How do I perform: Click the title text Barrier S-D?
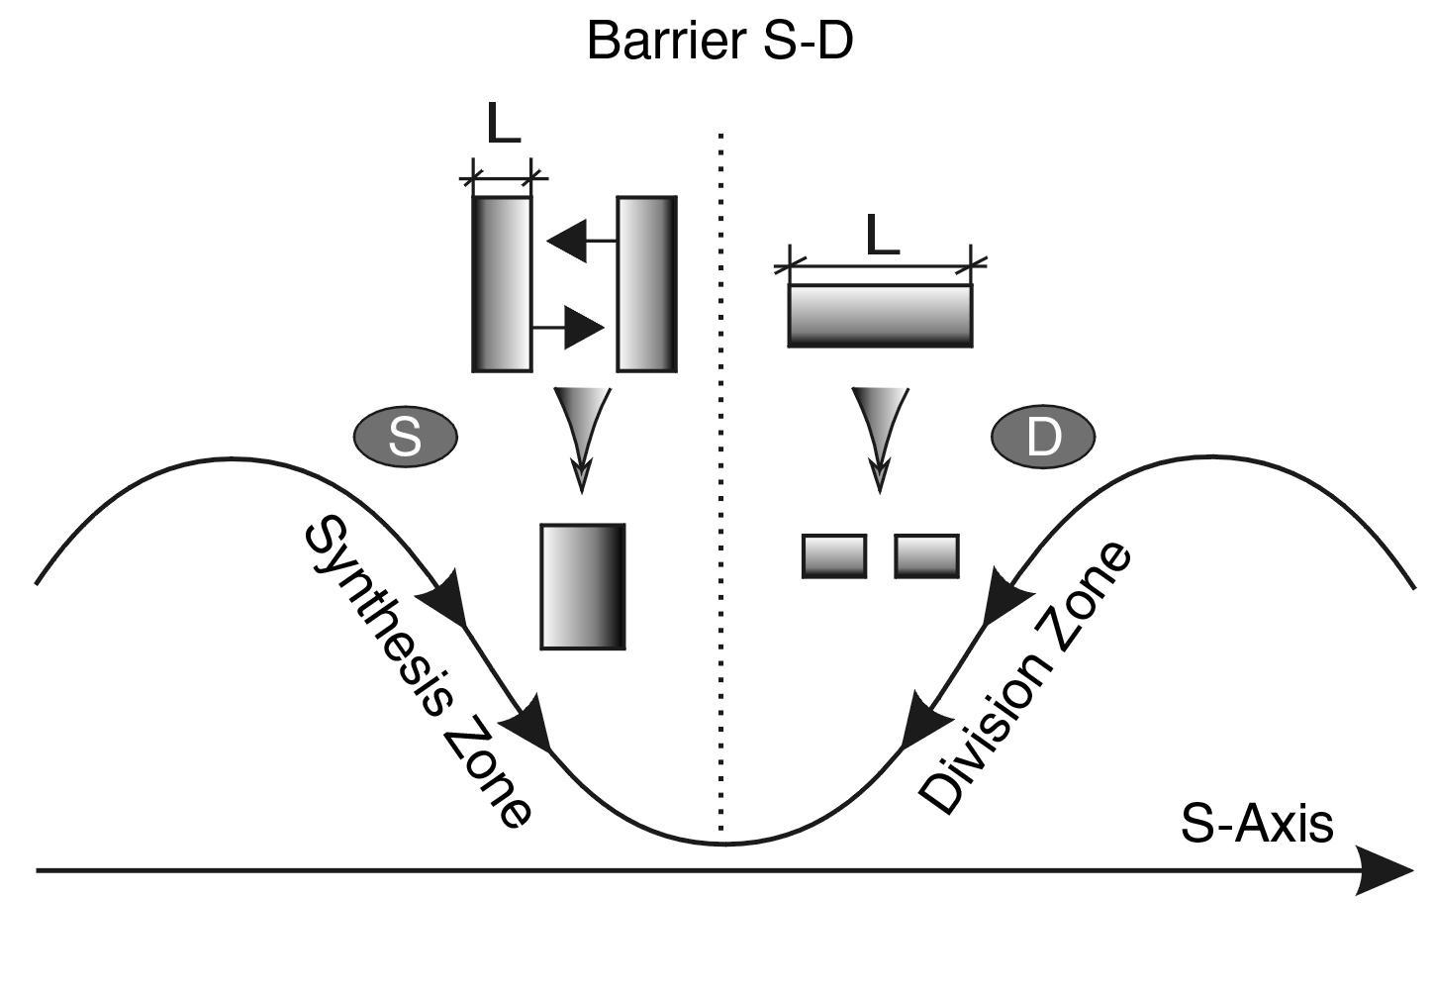pos(719,42)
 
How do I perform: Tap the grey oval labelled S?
pos(405,436)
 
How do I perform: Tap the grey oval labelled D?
pos(1043,436)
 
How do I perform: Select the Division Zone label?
pos(1025,677)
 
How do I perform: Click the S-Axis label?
pos(1257,824)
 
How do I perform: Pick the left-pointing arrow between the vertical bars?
pos(580,241)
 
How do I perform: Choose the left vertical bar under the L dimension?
pos(502,284)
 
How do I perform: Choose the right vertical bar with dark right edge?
pos(647,284)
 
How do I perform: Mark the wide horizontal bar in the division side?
pos(880,316)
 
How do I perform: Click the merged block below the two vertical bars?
pos(583,586)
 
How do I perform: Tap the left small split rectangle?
pos(834,555)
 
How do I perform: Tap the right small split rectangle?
pos(926,555)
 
